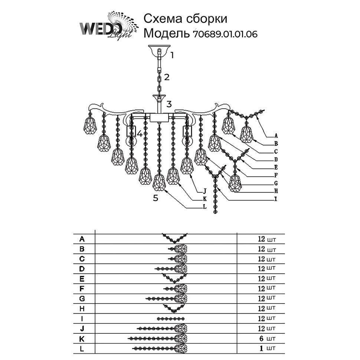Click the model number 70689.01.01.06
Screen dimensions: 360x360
pos(225,34)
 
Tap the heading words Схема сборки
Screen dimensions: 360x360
pos(185,19)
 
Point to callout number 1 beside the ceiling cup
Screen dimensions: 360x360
pos(172,56)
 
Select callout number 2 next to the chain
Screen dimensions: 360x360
pos(167,77)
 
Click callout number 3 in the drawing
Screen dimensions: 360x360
pos(169,104)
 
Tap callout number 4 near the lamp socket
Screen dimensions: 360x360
pos(140,134)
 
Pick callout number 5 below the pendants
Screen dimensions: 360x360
pos(156,198)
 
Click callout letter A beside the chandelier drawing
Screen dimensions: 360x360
pos(276,135)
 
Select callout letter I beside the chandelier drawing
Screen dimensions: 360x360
pos(276,199)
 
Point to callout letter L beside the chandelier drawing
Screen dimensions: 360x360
pos(204,207)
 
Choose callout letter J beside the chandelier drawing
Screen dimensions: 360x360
pos(204,192)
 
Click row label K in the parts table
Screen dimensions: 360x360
pos(82,338)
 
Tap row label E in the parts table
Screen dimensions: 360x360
pos(82,278)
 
